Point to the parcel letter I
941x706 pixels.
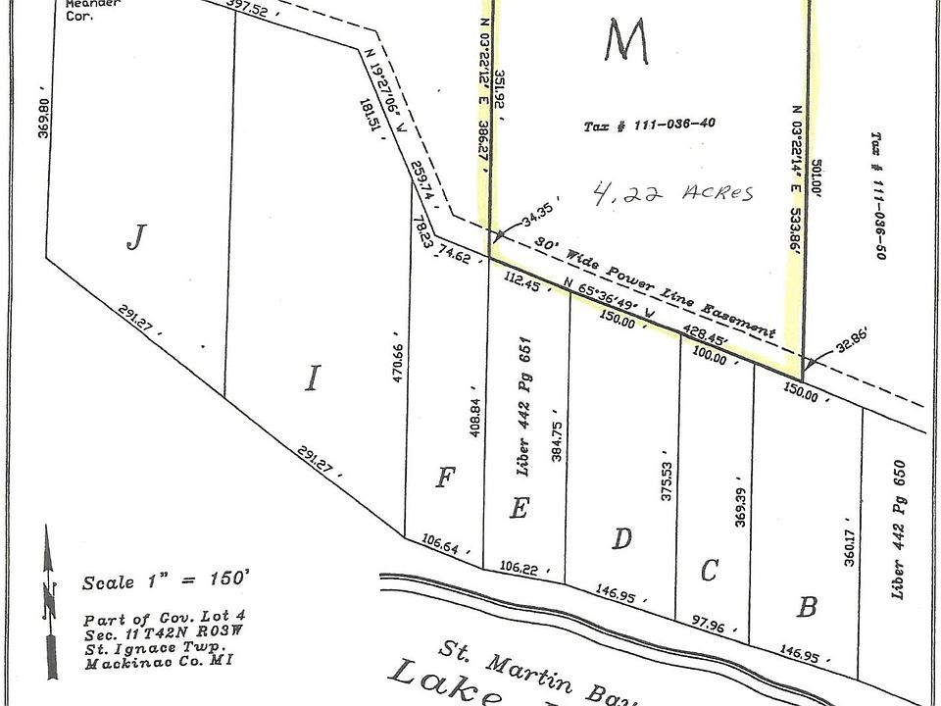(x=312, y=378)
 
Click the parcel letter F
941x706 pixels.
(x=446, y=479)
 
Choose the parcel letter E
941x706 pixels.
(x=520, y=509)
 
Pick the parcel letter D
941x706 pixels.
(x=621, y=538)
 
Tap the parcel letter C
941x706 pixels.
(x=712, y=570)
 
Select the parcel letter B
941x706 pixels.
(x=806, y=608)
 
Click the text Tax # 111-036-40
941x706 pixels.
(x=650, y=126)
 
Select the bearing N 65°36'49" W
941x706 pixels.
(x=619, y=307)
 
